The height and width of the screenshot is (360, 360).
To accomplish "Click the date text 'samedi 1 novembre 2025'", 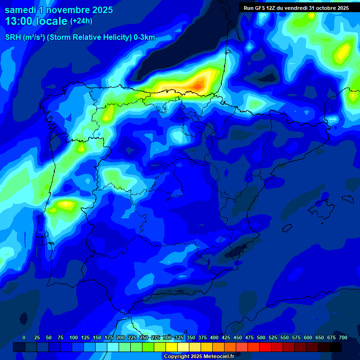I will coord(59,10).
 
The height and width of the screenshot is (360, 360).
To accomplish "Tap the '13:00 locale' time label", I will coord(36,21).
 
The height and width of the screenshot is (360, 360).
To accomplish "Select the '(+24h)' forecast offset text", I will coord(81,21).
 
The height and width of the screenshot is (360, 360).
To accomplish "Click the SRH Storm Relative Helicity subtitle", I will coord(80,37).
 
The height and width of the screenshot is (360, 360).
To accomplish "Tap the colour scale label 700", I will coord(343,337).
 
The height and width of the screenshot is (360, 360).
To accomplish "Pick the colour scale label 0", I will coord(24,337).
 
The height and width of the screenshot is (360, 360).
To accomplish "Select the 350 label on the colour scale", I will coord(191,337).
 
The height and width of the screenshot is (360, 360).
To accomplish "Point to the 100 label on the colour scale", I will coord(74,337).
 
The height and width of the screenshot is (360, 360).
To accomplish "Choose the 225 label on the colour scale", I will coord(132,337).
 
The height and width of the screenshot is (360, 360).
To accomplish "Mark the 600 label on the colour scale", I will coord(308,337).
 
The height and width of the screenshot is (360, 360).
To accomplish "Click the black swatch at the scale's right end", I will coord(336,347).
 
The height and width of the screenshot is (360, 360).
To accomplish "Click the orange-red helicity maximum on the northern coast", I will coord(199,85).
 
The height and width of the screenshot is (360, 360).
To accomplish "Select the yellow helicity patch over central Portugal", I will coord(66,204).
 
